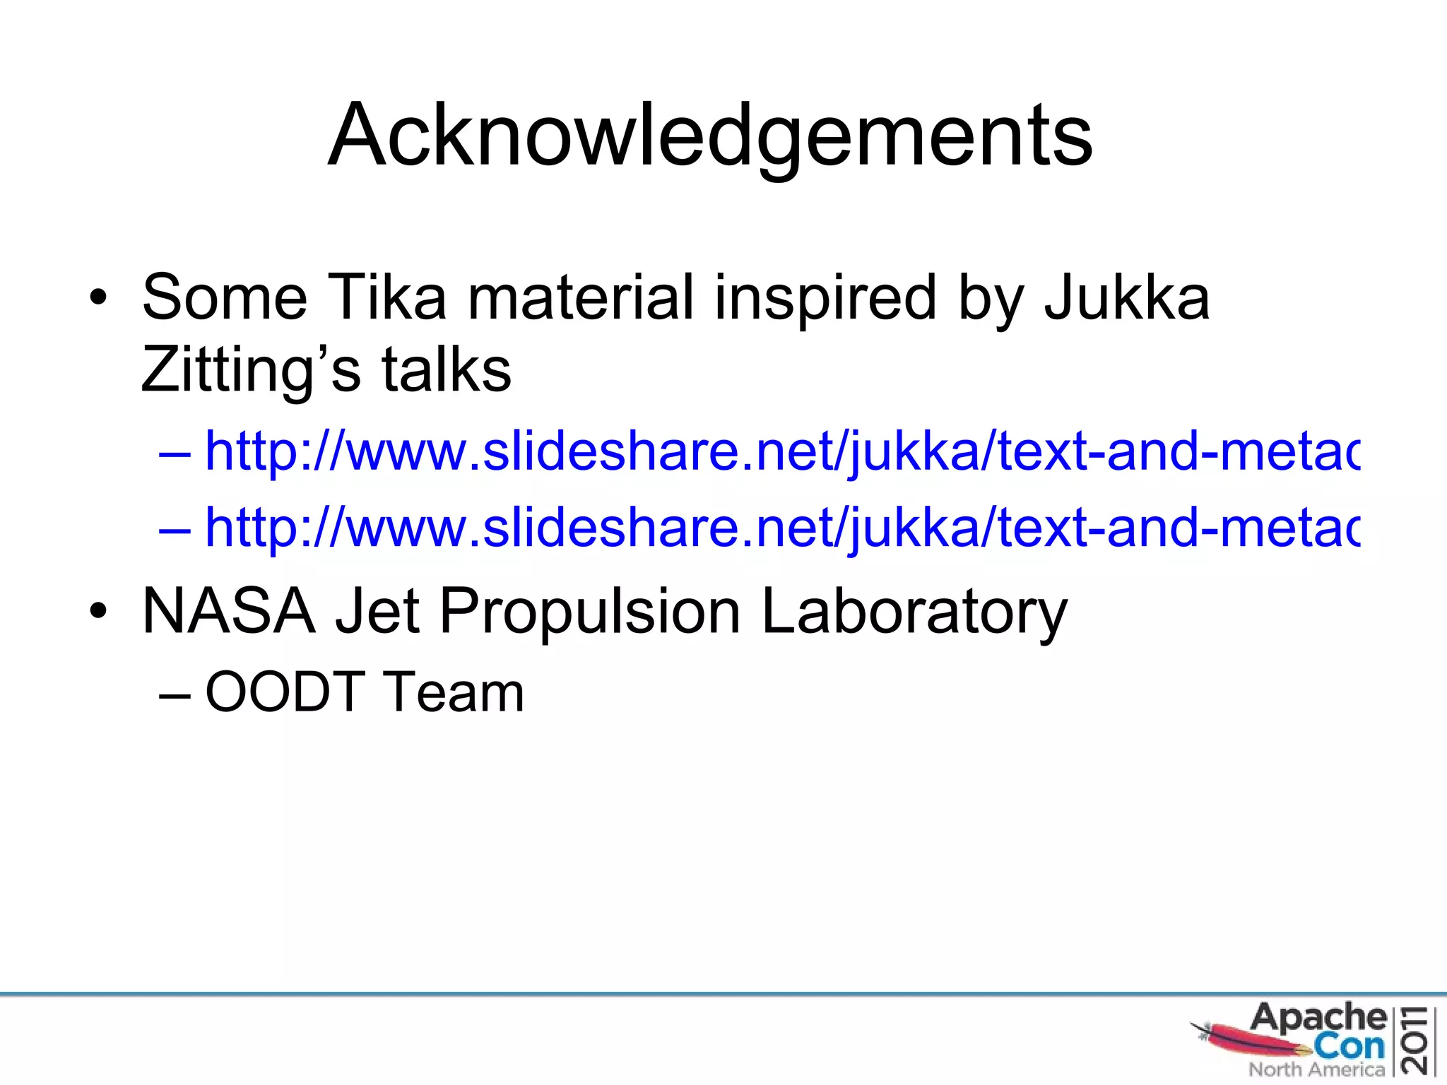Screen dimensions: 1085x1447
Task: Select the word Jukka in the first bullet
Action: click(x=1126, y=297)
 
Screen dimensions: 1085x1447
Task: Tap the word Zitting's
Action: click(x=250, y=370)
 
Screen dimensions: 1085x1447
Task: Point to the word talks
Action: click(x=446, y=370)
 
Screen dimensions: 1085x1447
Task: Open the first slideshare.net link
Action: click(x=781, y=451)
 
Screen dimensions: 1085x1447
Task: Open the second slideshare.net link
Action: click(x=781, y=527)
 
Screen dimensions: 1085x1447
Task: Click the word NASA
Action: click(x=228, y=611)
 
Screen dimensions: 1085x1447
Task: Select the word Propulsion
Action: click(x=590, y=611)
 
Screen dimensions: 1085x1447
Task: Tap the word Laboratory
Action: click(x=914, y=611)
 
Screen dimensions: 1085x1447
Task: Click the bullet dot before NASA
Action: click(x=98, y=612)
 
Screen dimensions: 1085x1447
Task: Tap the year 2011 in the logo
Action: click(x=1418, y=1040)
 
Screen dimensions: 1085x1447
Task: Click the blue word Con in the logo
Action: click(x=1349, y=1045)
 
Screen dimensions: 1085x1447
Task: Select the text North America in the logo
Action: click(x=1316, y=1069)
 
